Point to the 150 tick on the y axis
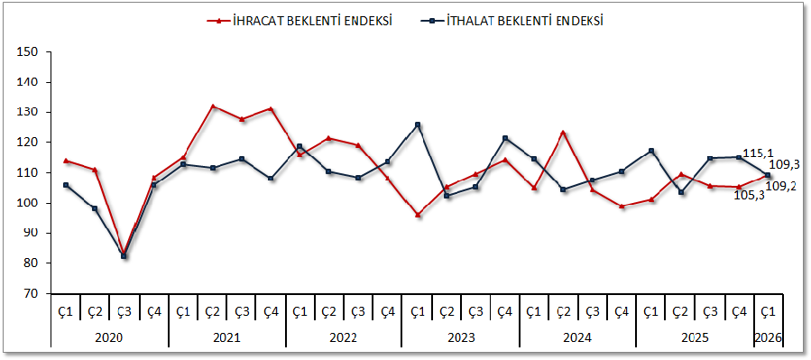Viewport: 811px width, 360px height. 27,52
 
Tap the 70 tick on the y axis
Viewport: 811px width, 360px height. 31,293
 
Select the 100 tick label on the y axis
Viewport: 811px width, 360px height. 27,203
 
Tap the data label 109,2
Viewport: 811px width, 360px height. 781,186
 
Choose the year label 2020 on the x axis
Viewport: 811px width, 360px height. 109,337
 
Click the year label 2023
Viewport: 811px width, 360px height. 460,337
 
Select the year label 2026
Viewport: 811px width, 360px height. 768,337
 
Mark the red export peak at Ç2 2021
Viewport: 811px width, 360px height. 213,106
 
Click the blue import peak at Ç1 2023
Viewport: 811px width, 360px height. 418,125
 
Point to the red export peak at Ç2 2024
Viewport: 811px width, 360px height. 563,133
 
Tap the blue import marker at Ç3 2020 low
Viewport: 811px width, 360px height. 124,256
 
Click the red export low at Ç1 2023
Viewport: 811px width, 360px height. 418,215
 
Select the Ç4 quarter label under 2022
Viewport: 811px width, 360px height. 388,311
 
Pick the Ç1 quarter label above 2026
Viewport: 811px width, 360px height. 768,311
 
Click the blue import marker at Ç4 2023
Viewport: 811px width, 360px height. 505,138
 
